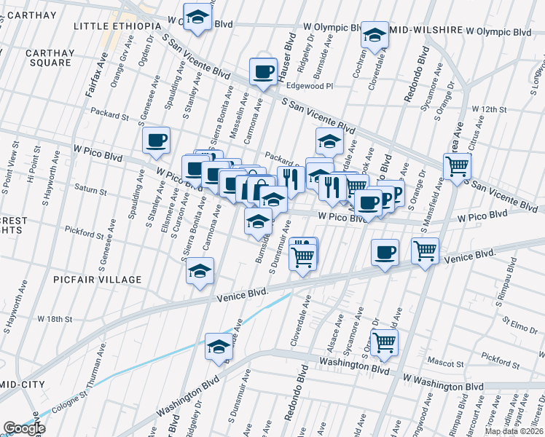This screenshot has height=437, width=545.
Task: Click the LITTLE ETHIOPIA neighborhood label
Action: click(117, 26)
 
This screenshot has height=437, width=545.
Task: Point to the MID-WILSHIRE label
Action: click(426, 31)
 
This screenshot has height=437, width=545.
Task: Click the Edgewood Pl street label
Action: click(309, 85)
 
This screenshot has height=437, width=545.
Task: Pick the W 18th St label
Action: click(55, 319)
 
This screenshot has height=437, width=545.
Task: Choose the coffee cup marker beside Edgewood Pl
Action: click(263, 72)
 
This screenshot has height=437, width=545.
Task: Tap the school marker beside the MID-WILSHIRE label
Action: click(375, 36)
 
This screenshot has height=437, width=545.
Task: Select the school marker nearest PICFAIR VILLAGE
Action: click(200, 272)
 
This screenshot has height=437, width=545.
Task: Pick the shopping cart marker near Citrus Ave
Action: click(457, 166)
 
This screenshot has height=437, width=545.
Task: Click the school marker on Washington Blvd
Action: click(218, 347)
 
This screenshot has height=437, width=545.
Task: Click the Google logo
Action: click(24, 428)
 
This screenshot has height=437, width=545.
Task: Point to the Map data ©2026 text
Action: click(515, 431)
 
